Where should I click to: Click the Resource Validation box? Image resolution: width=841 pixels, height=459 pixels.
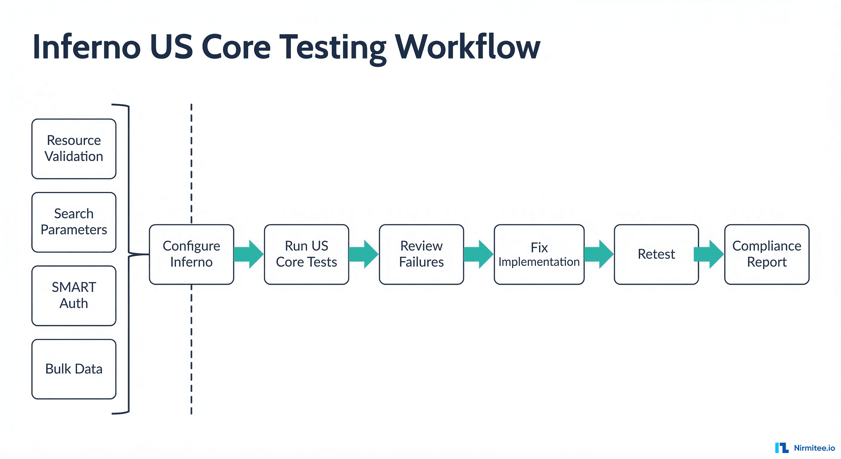[74, 149]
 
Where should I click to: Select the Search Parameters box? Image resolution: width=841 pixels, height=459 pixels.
[74, 222]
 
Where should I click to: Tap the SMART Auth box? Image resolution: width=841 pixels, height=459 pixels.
[74, 295]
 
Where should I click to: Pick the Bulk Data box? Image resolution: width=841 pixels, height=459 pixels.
[74, 369]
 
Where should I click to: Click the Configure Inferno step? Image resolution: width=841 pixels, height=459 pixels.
[191, 254]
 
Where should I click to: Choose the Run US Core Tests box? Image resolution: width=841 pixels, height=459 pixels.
[306, 254]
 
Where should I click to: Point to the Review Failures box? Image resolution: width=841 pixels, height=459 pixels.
[421, 254]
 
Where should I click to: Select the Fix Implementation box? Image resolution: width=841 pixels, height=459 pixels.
[539, 254]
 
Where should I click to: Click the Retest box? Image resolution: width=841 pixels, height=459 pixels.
[656, 254]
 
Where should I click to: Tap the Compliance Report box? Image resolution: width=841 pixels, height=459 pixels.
[767, 254]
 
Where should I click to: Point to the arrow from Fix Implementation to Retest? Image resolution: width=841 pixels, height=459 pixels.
[599, 254]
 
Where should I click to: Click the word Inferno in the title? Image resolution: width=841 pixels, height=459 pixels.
[87, 48]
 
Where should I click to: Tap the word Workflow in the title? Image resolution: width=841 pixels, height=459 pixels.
[467, 48]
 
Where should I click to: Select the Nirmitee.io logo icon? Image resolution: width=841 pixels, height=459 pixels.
[782, 448]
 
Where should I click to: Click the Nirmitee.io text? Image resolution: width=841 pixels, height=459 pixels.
[814, 448]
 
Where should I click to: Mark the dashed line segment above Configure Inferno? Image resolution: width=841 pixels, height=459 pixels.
[191, 163]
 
